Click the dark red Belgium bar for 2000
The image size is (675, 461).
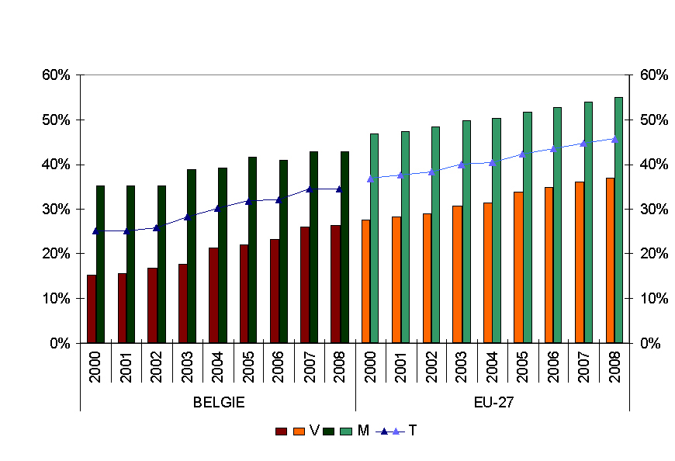[92, 309]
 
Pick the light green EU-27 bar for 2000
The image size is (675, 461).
[374, 237]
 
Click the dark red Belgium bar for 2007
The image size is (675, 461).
[305, 284]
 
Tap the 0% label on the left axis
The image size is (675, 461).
[61, 343]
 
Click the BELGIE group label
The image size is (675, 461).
[219, 402]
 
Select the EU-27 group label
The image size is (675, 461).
[492, 402]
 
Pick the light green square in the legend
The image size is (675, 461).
[346, 431]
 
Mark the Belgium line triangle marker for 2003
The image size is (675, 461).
[187, 217]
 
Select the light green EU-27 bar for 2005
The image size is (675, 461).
[527, 227]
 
